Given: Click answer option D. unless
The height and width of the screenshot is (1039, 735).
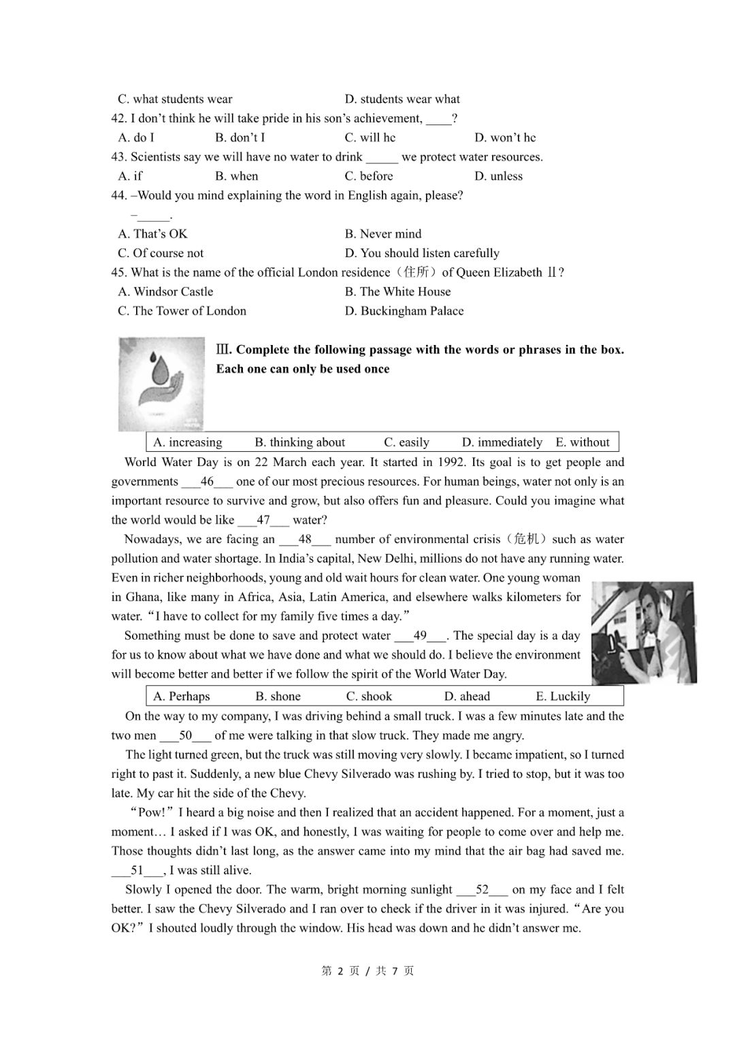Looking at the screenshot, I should pos(498,176).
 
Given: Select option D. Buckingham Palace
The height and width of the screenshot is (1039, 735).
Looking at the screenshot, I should pos(404,311).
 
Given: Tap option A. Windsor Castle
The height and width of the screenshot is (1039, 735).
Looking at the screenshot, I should pos(165,292).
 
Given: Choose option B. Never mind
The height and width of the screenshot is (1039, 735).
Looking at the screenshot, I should pos(383,234).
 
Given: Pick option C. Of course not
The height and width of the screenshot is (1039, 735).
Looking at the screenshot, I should pos(161,253).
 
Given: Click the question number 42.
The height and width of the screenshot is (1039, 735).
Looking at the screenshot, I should pos(118,118).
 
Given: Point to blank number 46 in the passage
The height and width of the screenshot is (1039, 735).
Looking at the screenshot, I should pos(207,482).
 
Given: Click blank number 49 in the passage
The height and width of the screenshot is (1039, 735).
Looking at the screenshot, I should pos(420,636).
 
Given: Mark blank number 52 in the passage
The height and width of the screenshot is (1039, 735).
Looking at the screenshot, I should pos(482,889).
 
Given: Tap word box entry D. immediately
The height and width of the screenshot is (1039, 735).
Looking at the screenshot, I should pos(502,442).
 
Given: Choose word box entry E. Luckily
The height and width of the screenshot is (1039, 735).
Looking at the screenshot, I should pos(563,696).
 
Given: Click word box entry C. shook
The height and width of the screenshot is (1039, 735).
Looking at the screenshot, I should pos(369,696).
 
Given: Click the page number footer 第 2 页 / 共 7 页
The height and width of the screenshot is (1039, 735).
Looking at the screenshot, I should pos(367,971).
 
